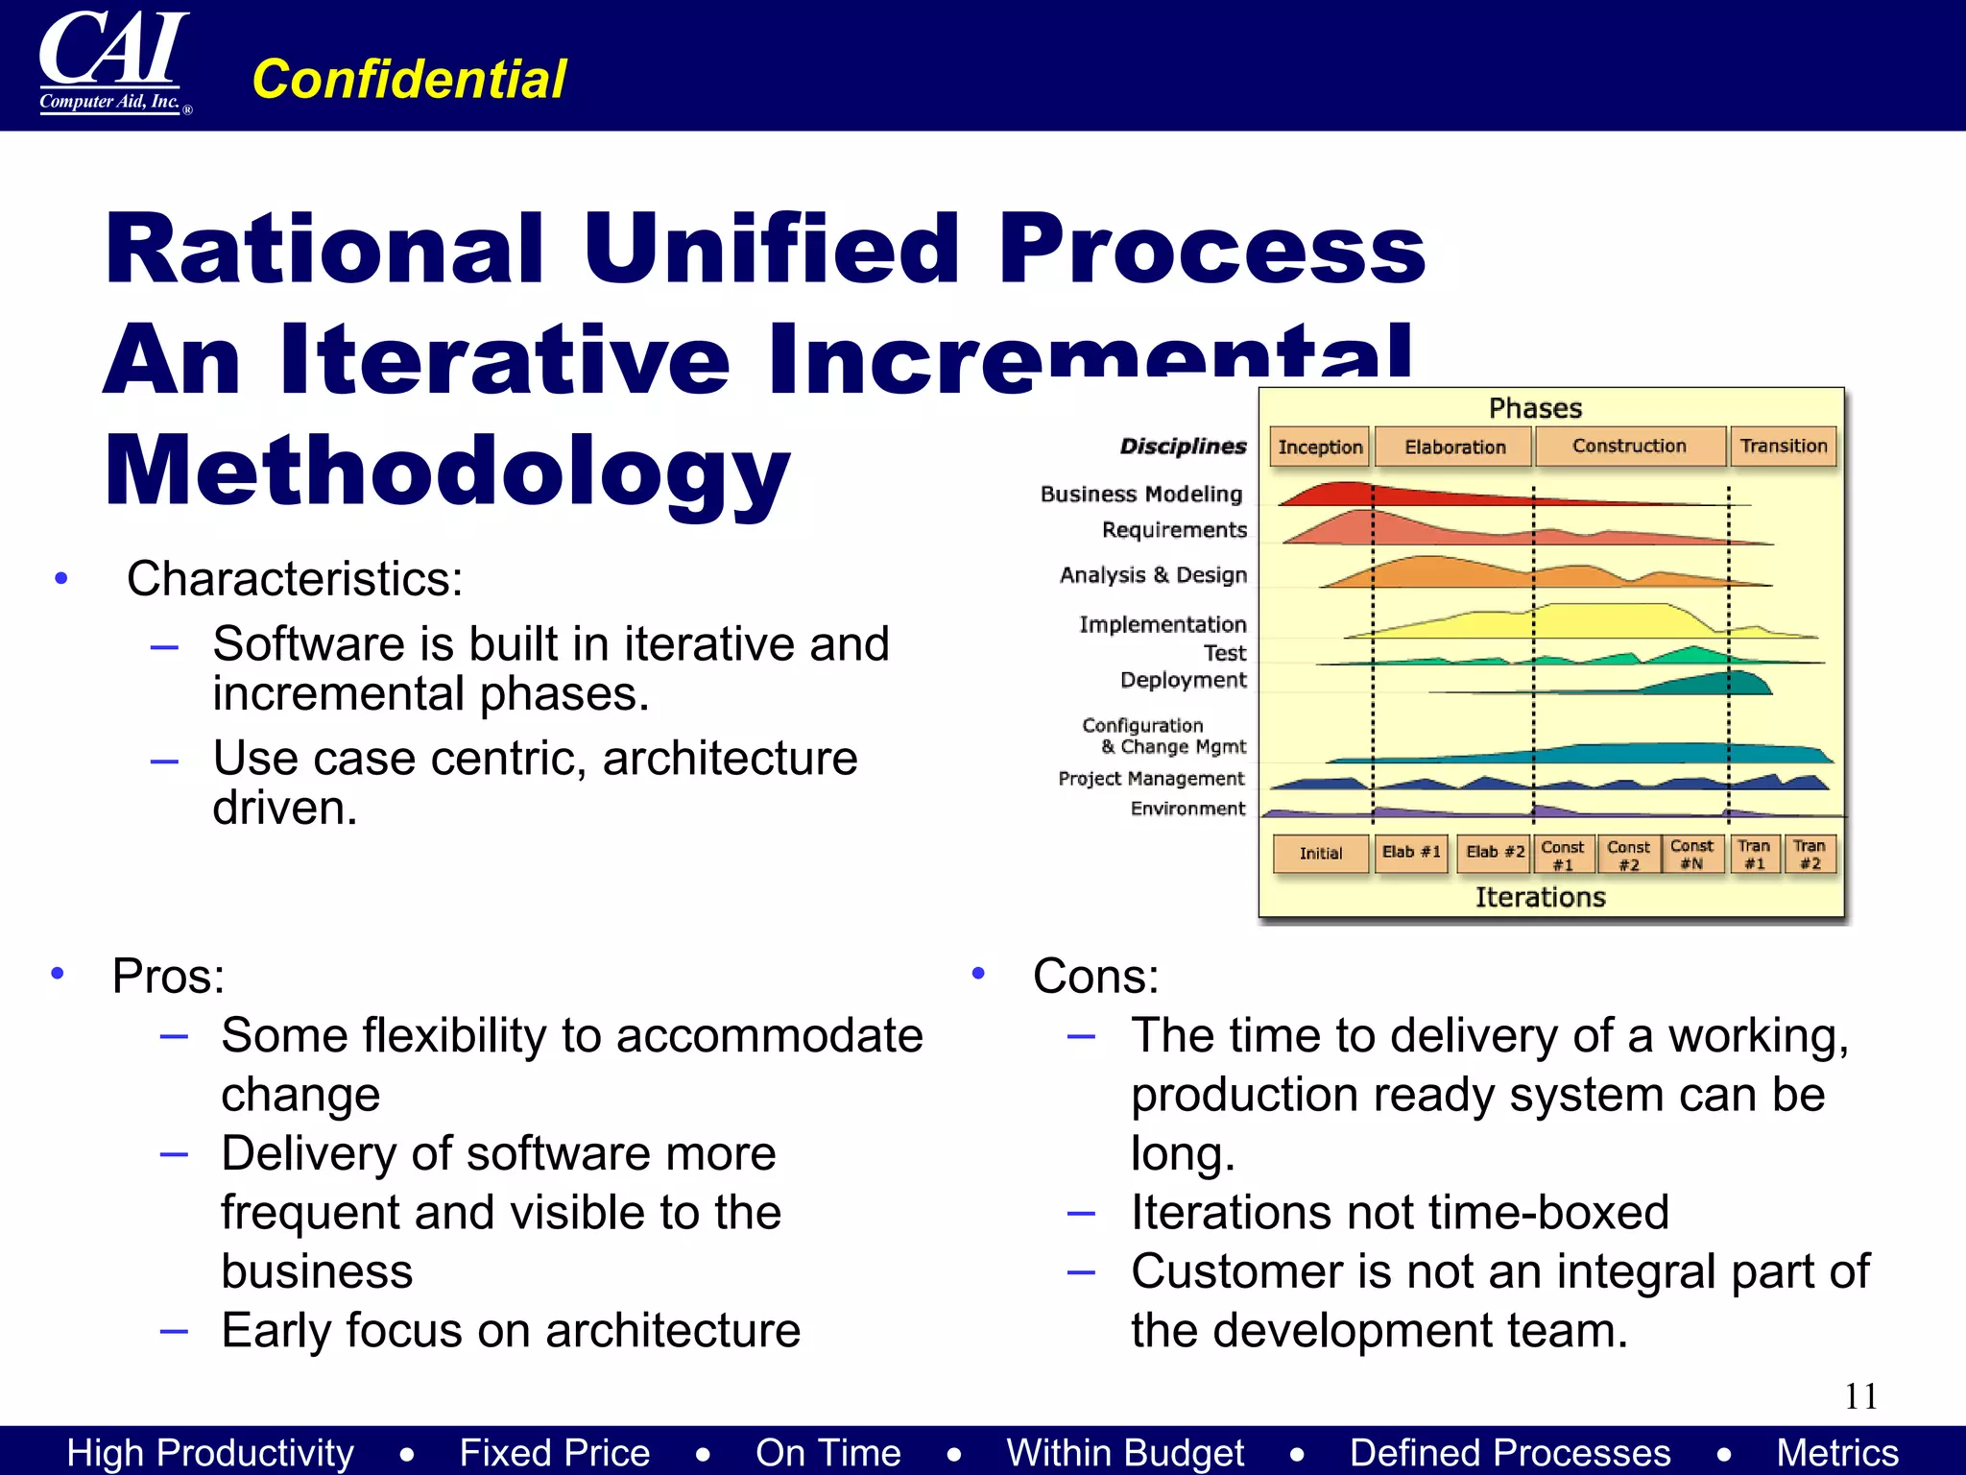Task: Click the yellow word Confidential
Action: [x=409, y=79]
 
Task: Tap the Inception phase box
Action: [x=1320, y=447]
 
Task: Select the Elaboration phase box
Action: [x=1454, y=447]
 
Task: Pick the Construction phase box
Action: [x=1629, y=446]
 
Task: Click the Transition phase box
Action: [x=1784, y=446]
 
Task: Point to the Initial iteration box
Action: [x=1321, y=853]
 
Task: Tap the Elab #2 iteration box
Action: [x=1494, y=853]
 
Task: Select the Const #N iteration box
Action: [x=1691, y=854]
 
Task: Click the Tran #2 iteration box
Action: [x=1810, y=854]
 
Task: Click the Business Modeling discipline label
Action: [x=1141, y=494]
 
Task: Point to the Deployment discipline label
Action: [x=1183, y=680]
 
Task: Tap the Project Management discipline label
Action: [x=1151, y=778]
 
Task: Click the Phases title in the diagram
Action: [x=1535, y=408]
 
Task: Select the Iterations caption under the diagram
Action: [x=1540, y=897]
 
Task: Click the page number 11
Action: [x=1860, y=1396]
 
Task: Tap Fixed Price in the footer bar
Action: [x=555, y=1452]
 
